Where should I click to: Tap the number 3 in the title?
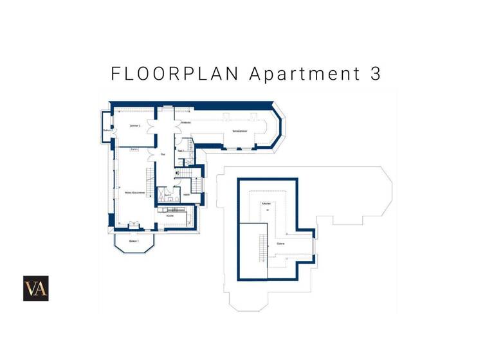(376, 73)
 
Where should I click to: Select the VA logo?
(36, 288)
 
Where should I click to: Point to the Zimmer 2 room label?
(134, 125)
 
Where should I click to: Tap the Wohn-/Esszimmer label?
(134, 192)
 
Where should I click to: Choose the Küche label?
(170, 215)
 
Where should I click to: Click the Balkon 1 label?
(134, 240)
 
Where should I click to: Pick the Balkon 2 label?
(107, 130)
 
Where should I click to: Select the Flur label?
(163, 154)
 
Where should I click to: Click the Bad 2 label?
(168, 194)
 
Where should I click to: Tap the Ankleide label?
(185, 123)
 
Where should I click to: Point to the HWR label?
(186, 194)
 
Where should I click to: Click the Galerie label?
(281, 244)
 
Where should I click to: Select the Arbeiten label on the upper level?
(266, 203)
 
